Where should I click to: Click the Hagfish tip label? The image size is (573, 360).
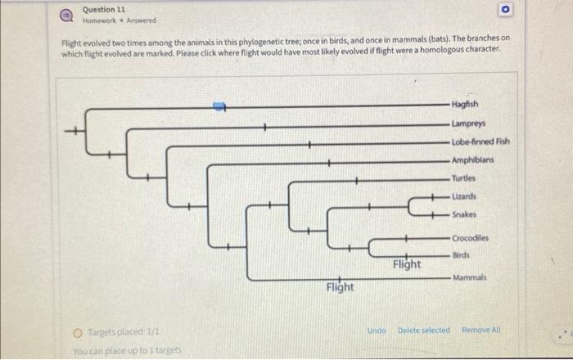click(465, 105)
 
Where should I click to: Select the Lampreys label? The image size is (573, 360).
click(467, 123)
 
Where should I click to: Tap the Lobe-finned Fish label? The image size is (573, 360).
click(481, 141)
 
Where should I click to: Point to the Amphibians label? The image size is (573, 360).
click(472, 160)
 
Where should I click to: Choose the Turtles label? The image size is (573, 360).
click(464, 178)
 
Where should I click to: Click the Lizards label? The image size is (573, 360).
click(464, 196)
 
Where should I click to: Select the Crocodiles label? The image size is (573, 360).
click(470, 237)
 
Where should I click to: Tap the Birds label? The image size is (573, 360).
click(461, 255)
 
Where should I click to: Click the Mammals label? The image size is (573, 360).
click(468, 277)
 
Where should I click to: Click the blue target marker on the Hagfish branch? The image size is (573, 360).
click(219, 106)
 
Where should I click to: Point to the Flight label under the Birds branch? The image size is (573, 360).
click(407, 264)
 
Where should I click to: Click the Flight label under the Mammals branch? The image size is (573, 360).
click(340, 287)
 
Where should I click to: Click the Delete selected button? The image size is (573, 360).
click(423, 330)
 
